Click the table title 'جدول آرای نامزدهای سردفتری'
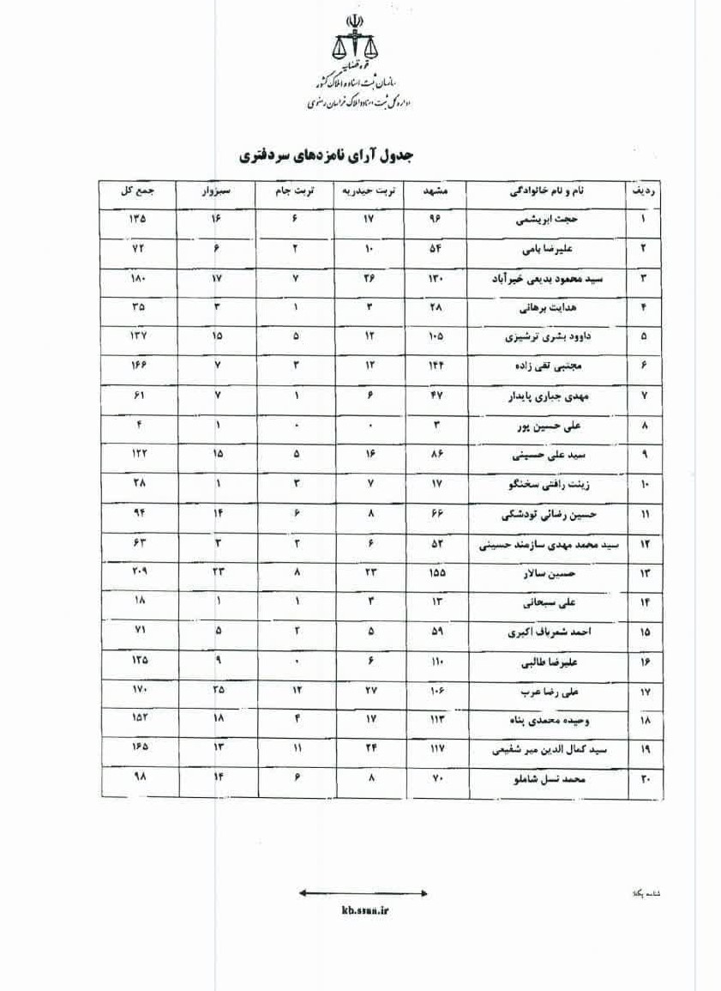point(327,155)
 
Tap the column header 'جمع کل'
point(137,190)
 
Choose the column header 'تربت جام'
point(296,190)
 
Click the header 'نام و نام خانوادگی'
point(547,190)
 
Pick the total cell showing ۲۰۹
point(138,572)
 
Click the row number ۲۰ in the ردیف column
point(645,780)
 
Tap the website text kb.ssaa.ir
point(364,912)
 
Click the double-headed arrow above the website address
point(364,893)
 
